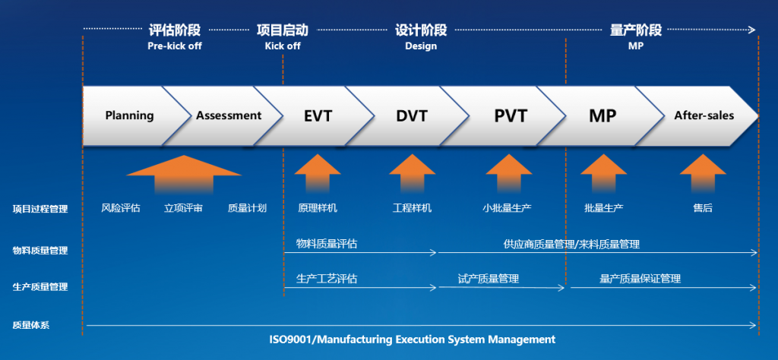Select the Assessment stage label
click(229, 116)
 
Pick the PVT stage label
click(511, 116)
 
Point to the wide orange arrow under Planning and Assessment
click(184, 174)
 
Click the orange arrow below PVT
click(509, 173)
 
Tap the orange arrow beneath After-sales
click(703, 173)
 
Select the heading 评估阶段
click(175, 30)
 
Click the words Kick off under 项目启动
click(283, 46)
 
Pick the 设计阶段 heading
click(421, 30)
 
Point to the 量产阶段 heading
click(636, 30)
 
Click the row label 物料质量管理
click(40, 251)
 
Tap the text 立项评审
click(184, 208)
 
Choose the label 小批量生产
click(507, 208)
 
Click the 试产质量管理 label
click(489, 279)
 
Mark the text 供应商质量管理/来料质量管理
click(571, 244)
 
